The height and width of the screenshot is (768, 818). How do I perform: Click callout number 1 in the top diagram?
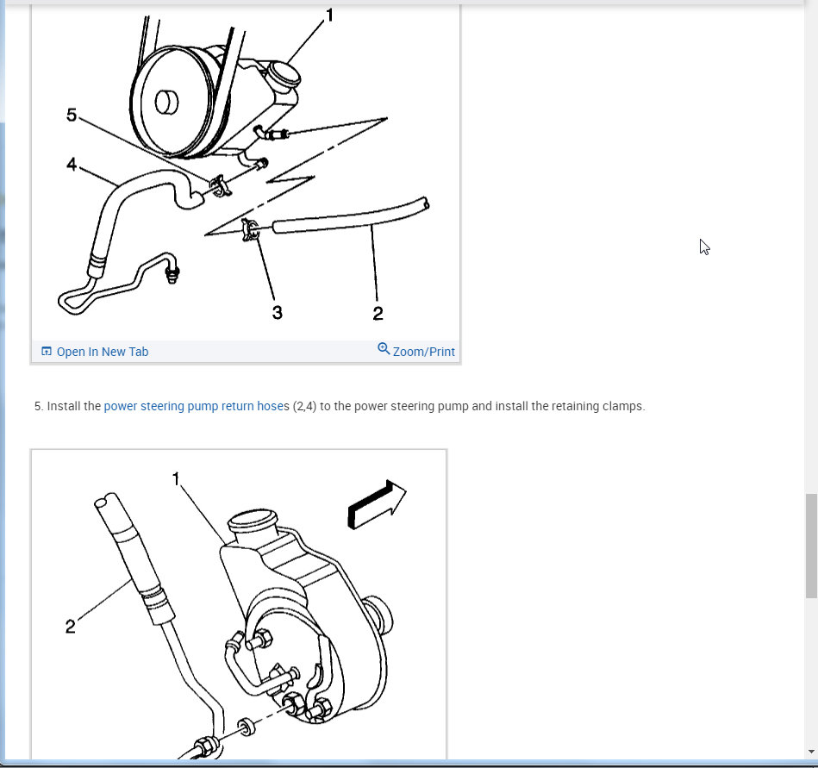tap(329, 16)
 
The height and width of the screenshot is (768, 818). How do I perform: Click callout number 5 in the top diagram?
tap(72, 115)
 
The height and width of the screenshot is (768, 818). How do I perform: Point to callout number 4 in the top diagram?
tap(72, 165)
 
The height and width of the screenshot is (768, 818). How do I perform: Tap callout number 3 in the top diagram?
tap(277, 313)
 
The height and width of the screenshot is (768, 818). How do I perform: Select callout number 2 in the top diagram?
tap(378, 313)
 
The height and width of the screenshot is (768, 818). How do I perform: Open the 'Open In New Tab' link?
tap(95, 352)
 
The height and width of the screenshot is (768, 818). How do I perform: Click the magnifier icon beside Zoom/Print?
tap(384, 348)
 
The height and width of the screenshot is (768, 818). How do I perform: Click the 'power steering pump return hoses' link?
tap(197, 406)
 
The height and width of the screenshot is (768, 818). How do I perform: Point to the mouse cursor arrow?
tap(704, 247)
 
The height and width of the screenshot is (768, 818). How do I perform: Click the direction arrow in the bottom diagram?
tap(377, 504)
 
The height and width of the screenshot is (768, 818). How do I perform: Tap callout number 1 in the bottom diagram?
tap(176, 478)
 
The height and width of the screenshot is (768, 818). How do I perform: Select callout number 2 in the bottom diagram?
tap(70, 626)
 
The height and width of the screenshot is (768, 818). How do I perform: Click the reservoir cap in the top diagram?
tap(284, 75)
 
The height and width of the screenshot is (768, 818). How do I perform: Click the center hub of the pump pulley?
tap(166, 102)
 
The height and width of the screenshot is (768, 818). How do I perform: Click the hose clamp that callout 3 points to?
tap(250, 229)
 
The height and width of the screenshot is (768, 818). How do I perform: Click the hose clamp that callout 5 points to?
tap(220, 185)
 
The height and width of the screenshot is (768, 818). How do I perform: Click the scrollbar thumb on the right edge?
tap(811, 546)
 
